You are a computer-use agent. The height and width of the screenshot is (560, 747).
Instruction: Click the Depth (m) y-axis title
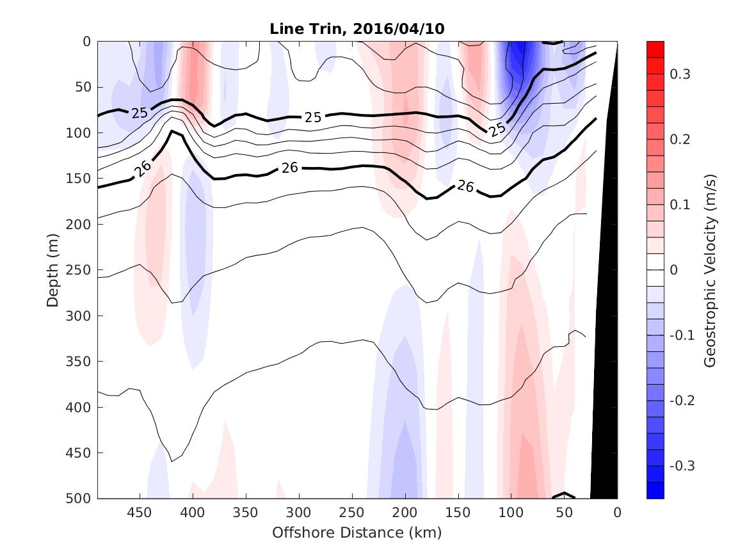(52, 269)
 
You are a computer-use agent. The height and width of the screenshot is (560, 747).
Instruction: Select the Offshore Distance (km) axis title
(357, 532)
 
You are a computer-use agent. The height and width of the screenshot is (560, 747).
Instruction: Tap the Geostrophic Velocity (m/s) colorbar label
(710, 269)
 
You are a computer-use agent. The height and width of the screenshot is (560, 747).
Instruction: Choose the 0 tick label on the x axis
(617, 513)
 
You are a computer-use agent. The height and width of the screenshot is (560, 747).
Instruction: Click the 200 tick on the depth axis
(81, 225)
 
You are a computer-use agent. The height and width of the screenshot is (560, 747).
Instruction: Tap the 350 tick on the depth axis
(81, 362)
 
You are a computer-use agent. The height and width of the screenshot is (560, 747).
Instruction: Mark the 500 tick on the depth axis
(81, 499)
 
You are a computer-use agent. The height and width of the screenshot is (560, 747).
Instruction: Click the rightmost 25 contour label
(497, 130)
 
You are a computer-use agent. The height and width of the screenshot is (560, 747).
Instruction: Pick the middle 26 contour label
(290, 168)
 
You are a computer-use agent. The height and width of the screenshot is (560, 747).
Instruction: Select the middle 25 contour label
(312, 118)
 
